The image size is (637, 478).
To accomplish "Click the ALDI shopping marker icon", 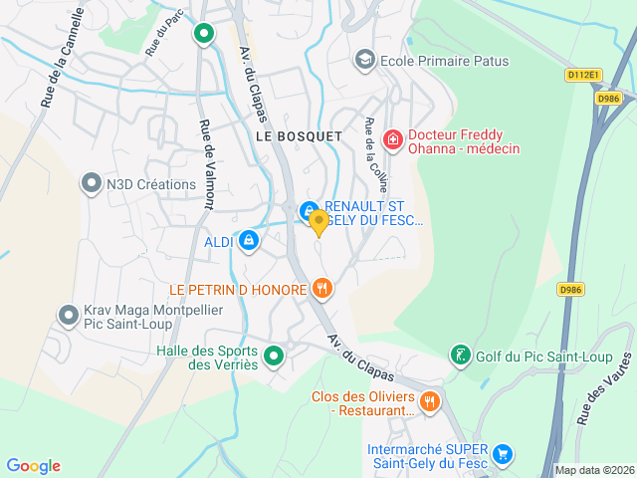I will (248, 241).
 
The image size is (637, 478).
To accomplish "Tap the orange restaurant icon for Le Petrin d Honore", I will (321, 289).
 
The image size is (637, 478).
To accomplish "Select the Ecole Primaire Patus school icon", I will (365, 61).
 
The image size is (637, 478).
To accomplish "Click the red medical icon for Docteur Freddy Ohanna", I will (393, 140).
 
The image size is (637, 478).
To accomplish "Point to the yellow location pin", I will (318, 222).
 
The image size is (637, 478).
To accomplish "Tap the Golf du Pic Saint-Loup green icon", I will (459, 356).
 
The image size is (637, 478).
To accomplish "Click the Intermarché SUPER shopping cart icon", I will (503, 454).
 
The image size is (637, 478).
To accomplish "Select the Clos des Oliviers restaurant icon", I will (429, 401).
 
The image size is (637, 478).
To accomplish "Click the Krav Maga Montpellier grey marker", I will (69, 316).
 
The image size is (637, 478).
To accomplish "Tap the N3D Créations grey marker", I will (91, 183).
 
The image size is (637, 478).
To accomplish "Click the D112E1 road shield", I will (583, 75).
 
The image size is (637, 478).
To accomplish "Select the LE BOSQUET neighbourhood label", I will (299, 134).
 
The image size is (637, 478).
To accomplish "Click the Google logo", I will (33, 466).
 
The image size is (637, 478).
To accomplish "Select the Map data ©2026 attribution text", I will (593, 470).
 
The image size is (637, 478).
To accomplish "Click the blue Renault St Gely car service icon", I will (308, 210).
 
